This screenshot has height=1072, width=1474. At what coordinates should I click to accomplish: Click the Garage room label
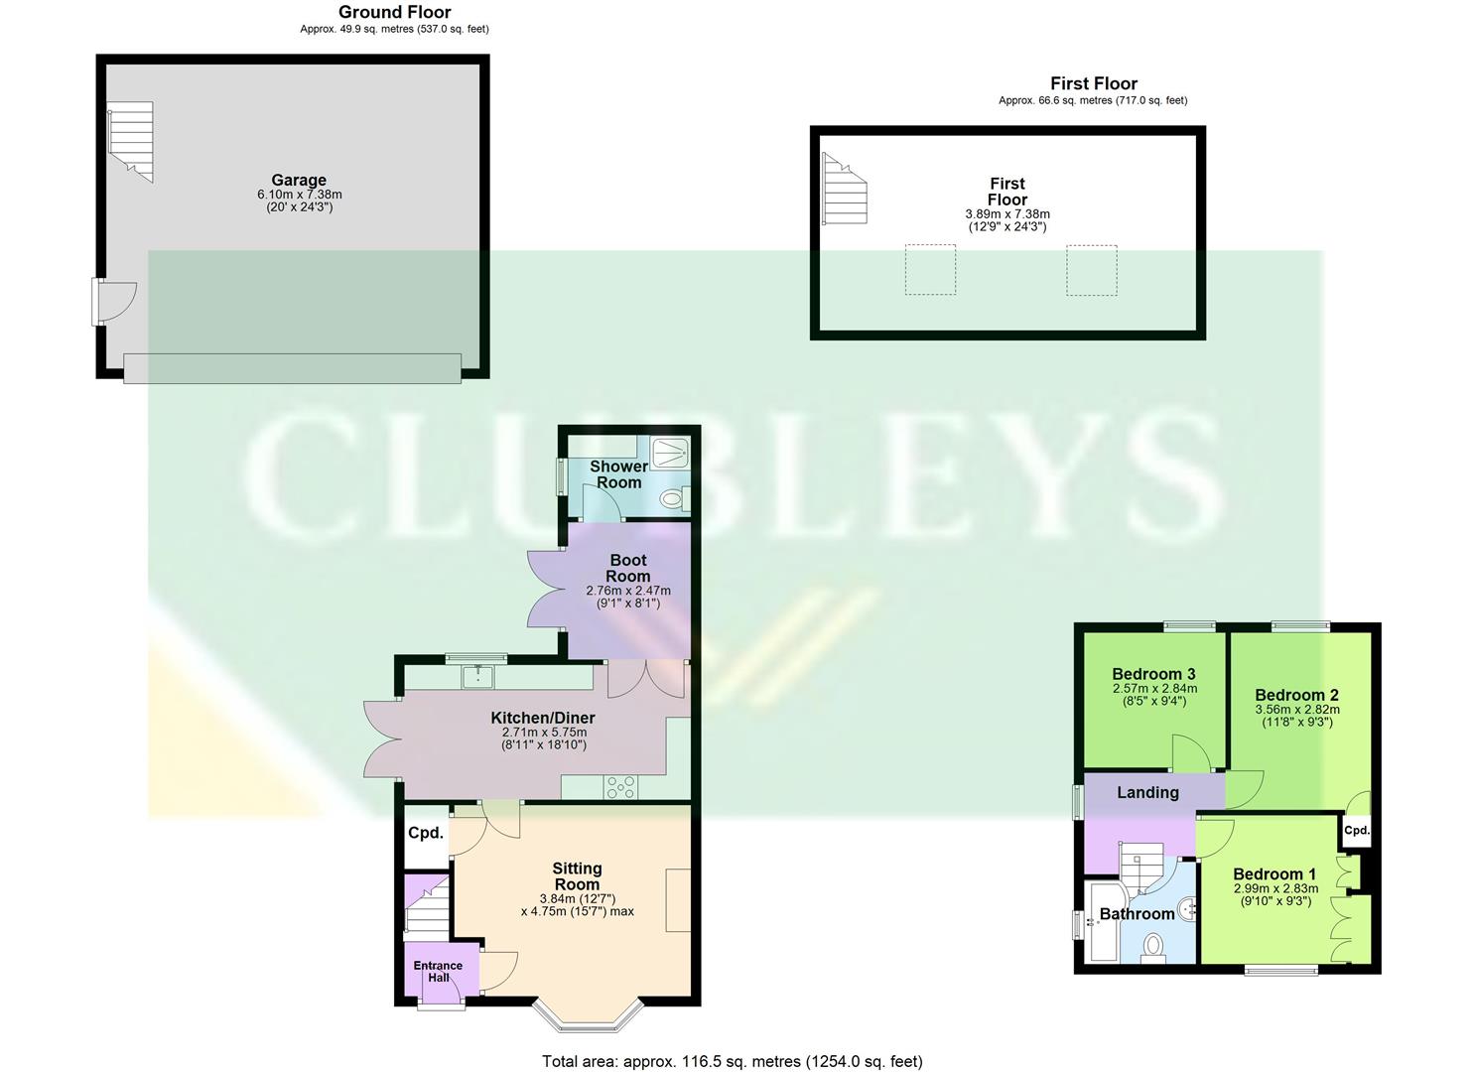point(299,181)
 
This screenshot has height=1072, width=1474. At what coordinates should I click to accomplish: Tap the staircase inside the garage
point(131,141)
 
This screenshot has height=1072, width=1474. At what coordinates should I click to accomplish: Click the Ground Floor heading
point(394,12)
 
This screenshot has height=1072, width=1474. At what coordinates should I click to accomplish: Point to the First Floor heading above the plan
point(1093,83)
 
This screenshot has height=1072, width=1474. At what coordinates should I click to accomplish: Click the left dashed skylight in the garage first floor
point(930,269)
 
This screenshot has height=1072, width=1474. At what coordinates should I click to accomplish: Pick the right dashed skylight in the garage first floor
point(1092,269)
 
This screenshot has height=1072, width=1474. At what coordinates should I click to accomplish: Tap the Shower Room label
point(618,473)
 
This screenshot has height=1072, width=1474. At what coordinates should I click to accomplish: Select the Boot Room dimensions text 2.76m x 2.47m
point(627,591)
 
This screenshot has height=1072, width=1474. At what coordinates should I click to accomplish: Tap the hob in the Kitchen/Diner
point(621,787)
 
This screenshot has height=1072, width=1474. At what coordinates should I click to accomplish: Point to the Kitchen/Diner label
point(543,718)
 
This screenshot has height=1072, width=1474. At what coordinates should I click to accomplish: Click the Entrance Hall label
point(438,971)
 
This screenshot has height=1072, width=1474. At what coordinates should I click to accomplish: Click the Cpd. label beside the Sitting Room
point(425,833)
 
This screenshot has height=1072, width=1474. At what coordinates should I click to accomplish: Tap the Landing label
point(1147,792)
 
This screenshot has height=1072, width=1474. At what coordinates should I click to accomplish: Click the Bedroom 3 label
point(1153,674)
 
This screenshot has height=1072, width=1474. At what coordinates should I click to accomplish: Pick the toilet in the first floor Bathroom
point(1153,950)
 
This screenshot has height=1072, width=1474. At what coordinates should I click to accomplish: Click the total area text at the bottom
point(732,1061)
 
